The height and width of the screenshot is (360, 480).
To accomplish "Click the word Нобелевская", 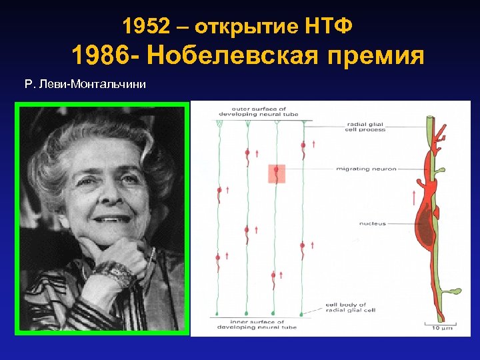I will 229,56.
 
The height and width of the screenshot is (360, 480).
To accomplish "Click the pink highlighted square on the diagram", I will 276,173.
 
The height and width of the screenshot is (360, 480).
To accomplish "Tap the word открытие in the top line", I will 251,27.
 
